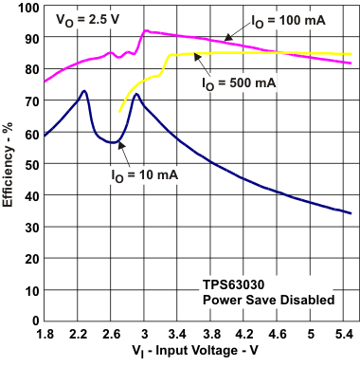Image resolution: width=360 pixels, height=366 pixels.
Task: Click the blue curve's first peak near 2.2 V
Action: (x=84, y=91)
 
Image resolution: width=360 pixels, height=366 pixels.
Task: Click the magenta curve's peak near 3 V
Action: (x=145, y=31)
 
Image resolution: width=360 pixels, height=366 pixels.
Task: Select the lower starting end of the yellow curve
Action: (x=120, y=113)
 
